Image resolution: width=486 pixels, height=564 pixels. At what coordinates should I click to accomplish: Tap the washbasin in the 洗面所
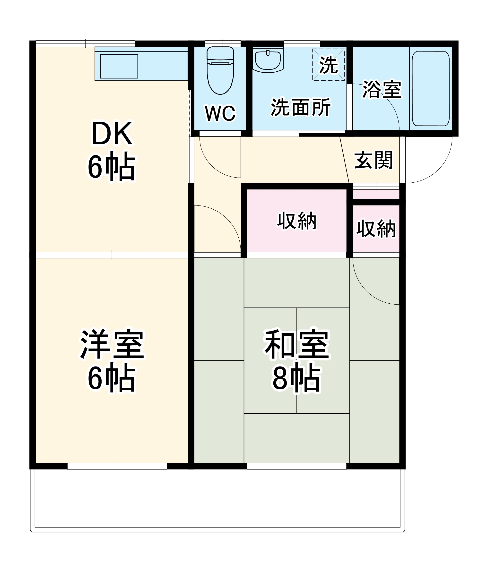click(268, 61)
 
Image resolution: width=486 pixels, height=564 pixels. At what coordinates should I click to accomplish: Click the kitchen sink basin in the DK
click(119, 66)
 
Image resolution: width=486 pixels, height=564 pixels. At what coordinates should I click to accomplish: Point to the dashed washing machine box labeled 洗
click(328, 65)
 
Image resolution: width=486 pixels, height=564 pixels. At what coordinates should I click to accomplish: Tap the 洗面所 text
click(300, 107)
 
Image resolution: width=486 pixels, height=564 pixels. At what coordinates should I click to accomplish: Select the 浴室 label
click(382, 89)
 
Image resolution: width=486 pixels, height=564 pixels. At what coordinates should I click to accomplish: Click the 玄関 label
click(373, 160)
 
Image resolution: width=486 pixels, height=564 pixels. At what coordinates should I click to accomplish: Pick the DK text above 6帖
click(112, 134)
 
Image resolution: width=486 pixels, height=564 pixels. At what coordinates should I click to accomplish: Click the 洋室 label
click(112, 345)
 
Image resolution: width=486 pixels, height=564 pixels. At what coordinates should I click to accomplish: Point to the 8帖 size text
click(297, 378)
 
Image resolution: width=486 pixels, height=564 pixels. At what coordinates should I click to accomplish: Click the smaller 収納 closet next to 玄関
click(376, 229)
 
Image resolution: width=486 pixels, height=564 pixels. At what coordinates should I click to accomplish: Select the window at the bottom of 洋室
click(117, 466)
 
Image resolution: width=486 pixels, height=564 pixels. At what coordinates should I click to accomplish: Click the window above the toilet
click(223, 43)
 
